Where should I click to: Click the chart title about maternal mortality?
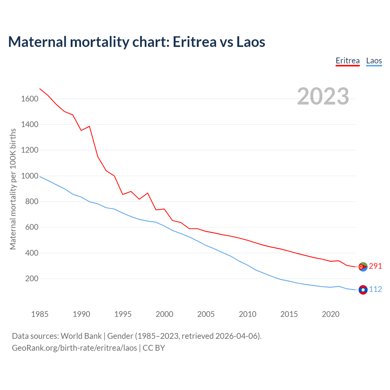[136, 42]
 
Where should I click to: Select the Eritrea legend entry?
[348, 61]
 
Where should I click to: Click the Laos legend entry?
[374, 61]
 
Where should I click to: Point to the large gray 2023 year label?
[323, 96]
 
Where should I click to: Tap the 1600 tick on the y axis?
[30, 99]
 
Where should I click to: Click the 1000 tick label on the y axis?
[30, 176]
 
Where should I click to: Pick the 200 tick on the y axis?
[32, 278]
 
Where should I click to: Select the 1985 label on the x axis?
[40, 314]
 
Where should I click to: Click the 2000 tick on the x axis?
[164, 314]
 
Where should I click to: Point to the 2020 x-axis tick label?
[331, 314]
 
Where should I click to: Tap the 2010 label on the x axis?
[247, 314]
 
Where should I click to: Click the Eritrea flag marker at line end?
[363, 267]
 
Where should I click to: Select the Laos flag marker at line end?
[363, 290]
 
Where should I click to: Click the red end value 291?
[375, 266]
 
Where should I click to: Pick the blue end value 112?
[375, 289]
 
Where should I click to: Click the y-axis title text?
[13, 189]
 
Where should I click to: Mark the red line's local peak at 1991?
[89, 126]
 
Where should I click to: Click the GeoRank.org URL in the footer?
[74, 348]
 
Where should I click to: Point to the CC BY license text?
[154, 348]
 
